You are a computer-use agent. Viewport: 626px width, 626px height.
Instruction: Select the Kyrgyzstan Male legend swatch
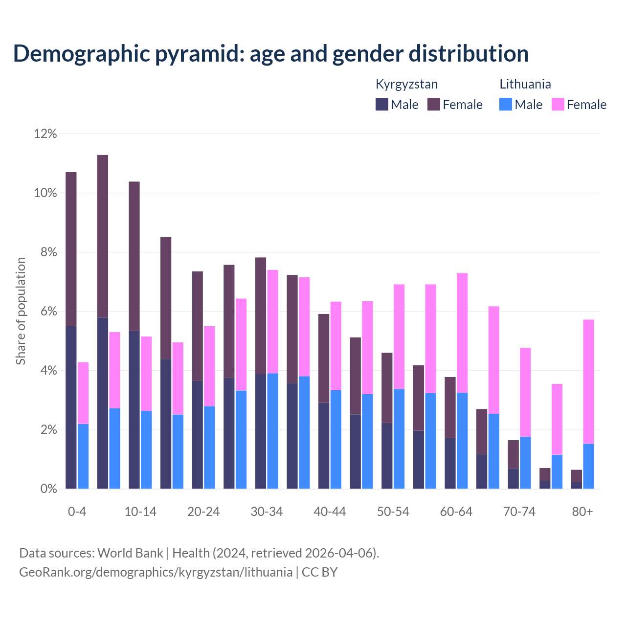[x=382, y=104]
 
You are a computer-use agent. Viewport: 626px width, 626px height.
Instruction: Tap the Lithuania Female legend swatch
[x=558, y=104]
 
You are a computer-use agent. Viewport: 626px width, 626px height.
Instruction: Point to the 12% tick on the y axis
[x=45, y=134]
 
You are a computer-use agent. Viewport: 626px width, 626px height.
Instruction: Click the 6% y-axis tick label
[x=45, y=312]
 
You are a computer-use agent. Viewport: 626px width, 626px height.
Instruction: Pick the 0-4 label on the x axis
[x=77, y=512]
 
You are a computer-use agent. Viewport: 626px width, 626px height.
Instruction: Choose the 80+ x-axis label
[x=582, y=512]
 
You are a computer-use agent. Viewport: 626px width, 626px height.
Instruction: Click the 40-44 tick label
[x=330, y=512]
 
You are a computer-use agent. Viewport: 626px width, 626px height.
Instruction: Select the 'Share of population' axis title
[x=21, y=311]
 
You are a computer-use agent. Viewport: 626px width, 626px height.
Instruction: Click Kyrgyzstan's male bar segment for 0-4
[x=71, y=407]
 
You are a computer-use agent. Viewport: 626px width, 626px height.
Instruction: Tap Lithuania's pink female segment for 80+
[x=589, y=381]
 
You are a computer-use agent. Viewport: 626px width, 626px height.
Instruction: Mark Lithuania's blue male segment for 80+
[x=589, y=466]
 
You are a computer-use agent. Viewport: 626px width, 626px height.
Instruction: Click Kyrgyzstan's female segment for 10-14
[x=134, y=256]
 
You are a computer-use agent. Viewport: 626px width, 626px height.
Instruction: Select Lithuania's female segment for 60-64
[x=462, y=333]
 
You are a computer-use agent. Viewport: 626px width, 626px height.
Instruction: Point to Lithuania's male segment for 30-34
[x=272, y=431]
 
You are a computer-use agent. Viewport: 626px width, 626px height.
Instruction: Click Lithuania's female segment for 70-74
[x=525, y=392]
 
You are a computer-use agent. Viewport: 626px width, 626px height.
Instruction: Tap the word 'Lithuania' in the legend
[x=525, y=84]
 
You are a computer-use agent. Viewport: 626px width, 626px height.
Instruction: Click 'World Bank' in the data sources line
[x=130, y=553]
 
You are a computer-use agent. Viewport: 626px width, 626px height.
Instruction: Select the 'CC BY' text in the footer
[x=319, y=572]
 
